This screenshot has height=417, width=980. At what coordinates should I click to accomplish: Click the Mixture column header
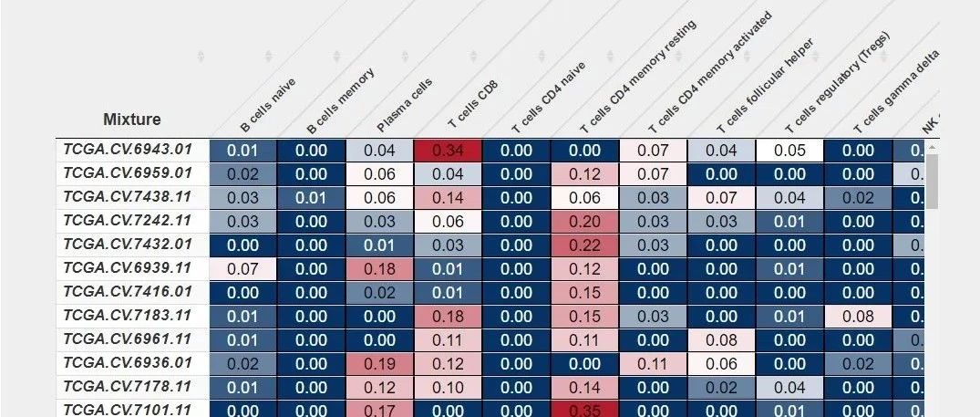tap(132, 120)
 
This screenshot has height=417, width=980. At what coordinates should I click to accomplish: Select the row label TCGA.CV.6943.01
tap(127, 149)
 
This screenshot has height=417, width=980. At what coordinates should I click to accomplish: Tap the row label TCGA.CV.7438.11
tap(127, 196)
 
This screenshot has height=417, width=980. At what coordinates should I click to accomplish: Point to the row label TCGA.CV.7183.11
tap(127, 315)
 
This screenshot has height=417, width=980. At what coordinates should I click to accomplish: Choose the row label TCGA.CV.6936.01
tap(127, 362)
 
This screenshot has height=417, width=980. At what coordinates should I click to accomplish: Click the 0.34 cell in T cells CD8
tap(448, 150)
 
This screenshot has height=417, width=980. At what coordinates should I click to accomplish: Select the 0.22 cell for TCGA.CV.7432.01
tap(584, 245)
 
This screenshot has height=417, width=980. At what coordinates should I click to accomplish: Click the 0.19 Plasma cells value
tap(379, 363)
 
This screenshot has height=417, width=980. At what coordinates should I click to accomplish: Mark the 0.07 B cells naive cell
tap(242, 268)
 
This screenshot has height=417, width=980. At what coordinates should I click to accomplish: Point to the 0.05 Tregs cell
tap(789, 150)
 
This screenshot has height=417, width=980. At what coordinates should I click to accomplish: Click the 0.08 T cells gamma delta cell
tap(858, 316)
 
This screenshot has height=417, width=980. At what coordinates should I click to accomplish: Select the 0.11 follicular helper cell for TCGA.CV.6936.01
tap(653, 363)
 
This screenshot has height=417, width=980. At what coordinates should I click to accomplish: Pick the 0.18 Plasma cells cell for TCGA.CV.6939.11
tap(379, 268)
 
